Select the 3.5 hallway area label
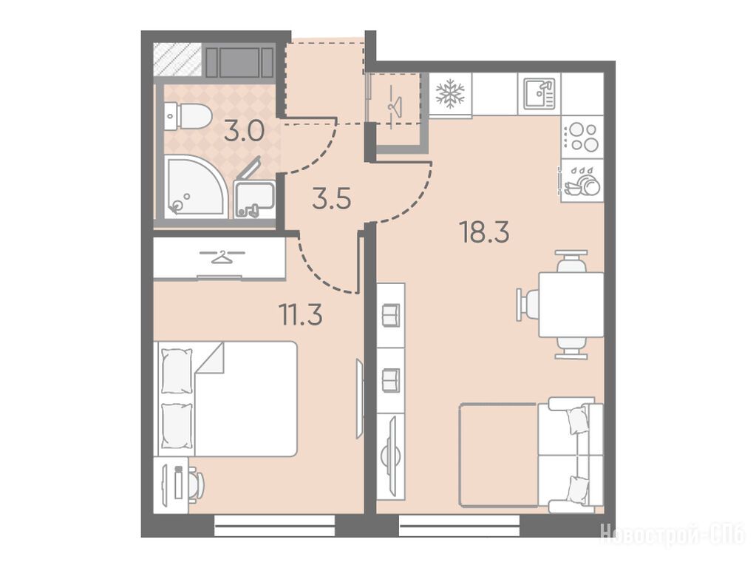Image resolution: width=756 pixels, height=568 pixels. coord(331,199)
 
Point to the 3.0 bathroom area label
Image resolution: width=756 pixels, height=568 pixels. coord(244,130)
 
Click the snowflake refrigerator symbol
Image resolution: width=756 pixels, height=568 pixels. coord(450,94)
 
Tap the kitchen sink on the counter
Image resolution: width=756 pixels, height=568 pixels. coord(539,94)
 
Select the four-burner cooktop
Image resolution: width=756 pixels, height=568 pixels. coord(583,137)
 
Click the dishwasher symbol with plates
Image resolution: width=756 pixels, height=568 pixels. coord(582,181)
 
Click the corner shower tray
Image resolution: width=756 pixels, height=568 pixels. coord(195,186)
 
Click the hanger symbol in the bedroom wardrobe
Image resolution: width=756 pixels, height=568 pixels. coord(222,256)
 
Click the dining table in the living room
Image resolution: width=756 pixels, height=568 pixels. coord(571,305)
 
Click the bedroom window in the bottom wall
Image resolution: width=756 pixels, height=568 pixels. coord(274,526)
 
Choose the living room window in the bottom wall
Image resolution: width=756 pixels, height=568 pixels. coord(460,526)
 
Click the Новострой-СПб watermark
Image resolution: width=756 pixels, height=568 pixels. coord(672,535)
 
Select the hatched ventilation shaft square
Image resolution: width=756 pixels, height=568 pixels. coord(177,60)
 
